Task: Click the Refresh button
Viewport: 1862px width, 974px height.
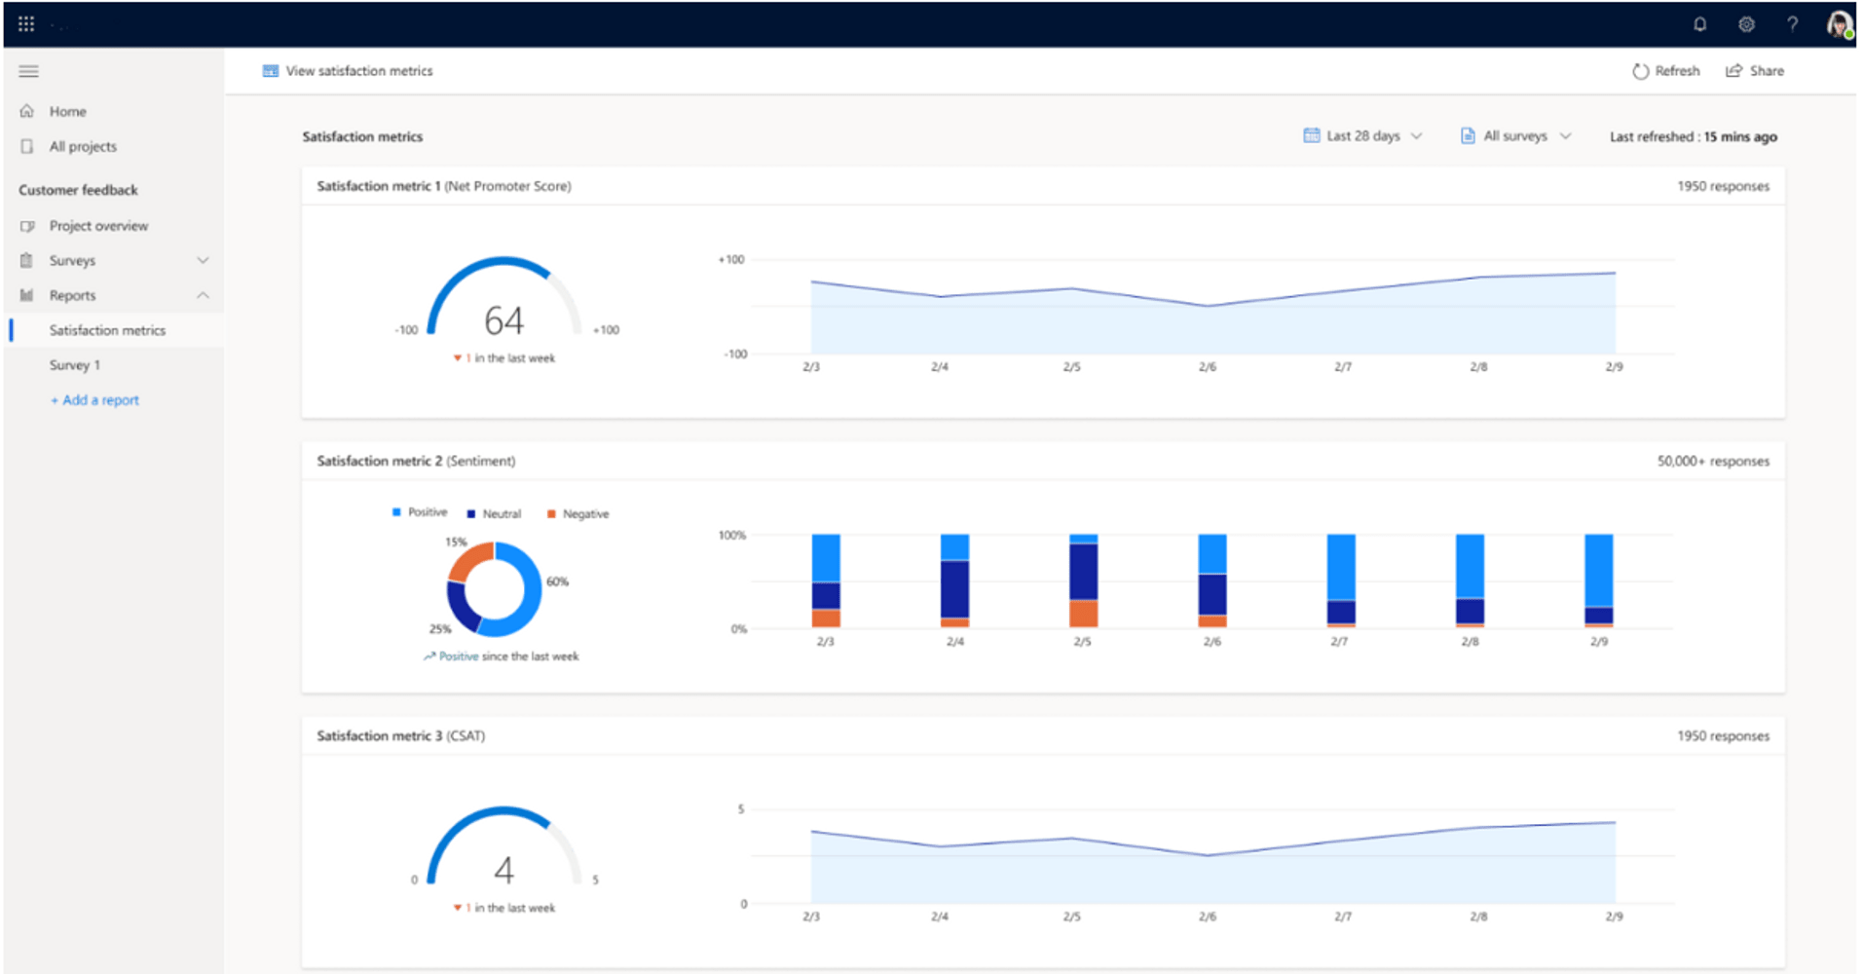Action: pyautogui.click(x=1665, y=71)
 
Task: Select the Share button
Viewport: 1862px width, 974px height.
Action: pyautogui.click(x=1755, y=71)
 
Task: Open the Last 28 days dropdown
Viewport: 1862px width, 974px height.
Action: pyautogui.click(x=1362, y=136)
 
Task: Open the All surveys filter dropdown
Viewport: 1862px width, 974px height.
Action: pyautogui.click(x=1515, y=136)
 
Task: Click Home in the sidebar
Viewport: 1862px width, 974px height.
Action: pyautogui.click(x=67, y=112)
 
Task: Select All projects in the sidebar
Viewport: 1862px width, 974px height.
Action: pyautogui.click(x=83, y=147)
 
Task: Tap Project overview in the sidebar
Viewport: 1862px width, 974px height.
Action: pyautogui.click(x=98, y=226)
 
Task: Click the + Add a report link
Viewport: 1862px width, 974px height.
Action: pyautogui.click(x=95, y=400)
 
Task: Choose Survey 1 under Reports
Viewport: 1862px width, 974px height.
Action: pyautogui.click(x=75, y=365)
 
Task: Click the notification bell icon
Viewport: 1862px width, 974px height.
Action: pyautogui.click(x=1699, y=24)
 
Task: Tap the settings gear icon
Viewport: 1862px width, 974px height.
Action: pyautogui.click(x=1746, y=24)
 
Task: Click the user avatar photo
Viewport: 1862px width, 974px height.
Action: pyautogui.click(x=1838, y=24)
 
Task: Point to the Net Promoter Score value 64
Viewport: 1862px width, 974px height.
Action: pyautogui.click(x=503, y=320)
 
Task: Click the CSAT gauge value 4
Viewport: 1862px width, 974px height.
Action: pyautogui.click(x=503, y=870)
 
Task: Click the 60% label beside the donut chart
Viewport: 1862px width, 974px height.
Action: pyautogui.click(x=557, y=581)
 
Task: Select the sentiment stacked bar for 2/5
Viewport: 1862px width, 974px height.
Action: pyautogui.click(x=1083, y=581)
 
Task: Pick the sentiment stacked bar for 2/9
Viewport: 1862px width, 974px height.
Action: pyautogui.click(x=1598, y=581)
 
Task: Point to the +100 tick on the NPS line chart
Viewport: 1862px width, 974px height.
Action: pyautogui.click(x=730, y=260)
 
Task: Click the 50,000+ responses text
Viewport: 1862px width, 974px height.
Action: pyautogui.click(x=1712, y=462)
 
